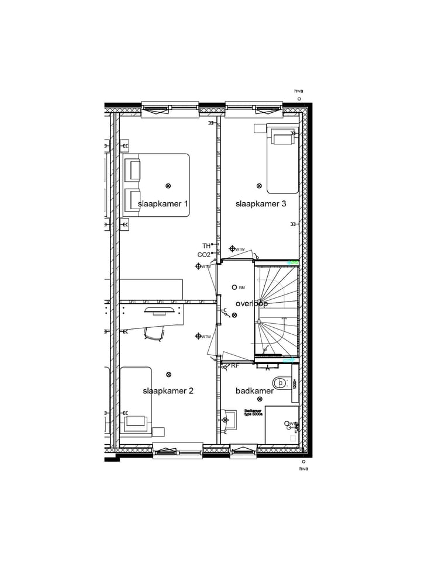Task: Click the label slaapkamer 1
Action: click(163, 204)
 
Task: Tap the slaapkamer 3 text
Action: click(261, 204)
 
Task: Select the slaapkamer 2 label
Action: click(168, 391)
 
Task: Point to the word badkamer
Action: click(254, 391)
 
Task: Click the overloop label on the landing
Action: click(251, 304)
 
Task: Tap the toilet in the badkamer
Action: click(282, 383)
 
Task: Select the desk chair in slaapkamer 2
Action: click(154, 333)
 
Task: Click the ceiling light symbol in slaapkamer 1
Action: click(168, 186)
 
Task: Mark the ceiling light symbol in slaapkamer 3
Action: click(260, 186)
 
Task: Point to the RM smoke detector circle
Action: click(234, 288)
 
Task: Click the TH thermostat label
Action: click(206, 246)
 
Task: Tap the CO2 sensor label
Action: click(203, 255)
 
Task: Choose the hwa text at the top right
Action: click(299, 91)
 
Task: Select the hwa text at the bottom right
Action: click(303, 469)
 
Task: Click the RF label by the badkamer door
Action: click(235, 366)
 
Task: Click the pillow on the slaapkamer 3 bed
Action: click(283, 138)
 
